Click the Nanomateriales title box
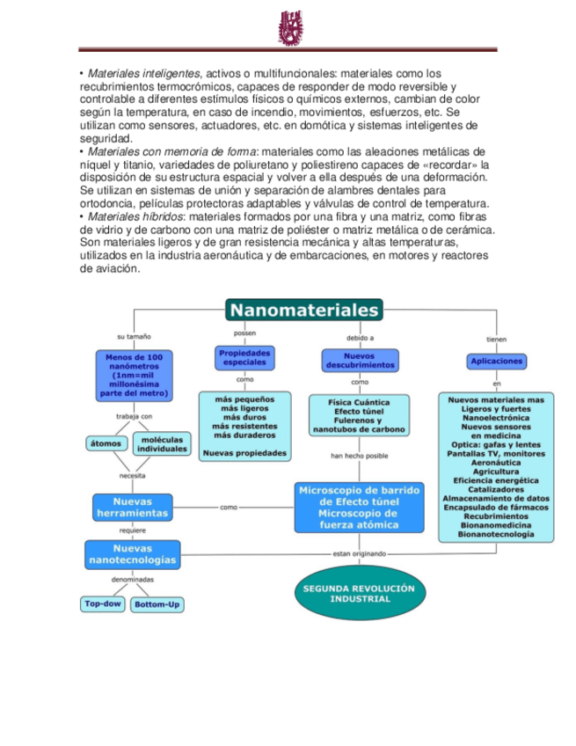coord(303,310)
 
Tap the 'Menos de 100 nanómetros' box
coord(134,376)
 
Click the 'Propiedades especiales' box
coord(244,357)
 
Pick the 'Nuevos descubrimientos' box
coord(360,359)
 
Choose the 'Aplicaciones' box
coord(497,361)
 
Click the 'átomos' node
coord(106,443)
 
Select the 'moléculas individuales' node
coord(163,443)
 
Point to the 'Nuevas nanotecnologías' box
coord(132,554)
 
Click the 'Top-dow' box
coord(103,604)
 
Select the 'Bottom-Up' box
coord(158,605)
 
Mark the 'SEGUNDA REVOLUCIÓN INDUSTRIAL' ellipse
coord(360,593)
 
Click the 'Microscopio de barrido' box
coord(360,508)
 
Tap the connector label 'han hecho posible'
coord(360,457)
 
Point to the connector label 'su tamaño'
coord(134,336)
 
